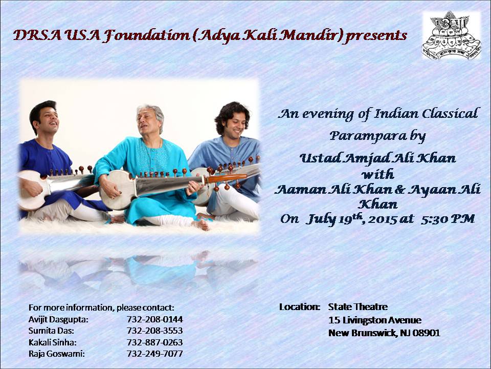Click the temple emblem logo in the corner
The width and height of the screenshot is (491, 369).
point(451,35)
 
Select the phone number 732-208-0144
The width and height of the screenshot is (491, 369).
point(154,319)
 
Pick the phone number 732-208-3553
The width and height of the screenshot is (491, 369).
point(154,331)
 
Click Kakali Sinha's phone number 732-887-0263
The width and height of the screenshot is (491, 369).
point(154,342)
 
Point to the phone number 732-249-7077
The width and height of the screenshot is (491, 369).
point(154,354)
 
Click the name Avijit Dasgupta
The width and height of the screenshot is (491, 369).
point(58,320)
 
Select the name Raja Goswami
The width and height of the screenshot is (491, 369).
point(57,354)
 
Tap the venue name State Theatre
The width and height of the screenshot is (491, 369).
point(358,306)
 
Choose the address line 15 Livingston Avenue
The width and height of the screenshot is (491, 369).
point(375,320)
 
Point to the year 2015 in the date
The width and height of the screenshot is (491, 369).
point(382,219)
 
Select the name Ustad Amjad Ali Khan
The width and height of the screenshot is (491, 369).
point(377,158)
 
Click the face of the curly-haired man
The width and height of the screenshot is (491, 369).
point(235,124)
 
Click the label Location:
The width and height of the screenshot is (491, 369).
point(300,307)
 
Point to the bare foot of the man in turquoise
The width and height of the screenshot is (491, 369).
point(200,224)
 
